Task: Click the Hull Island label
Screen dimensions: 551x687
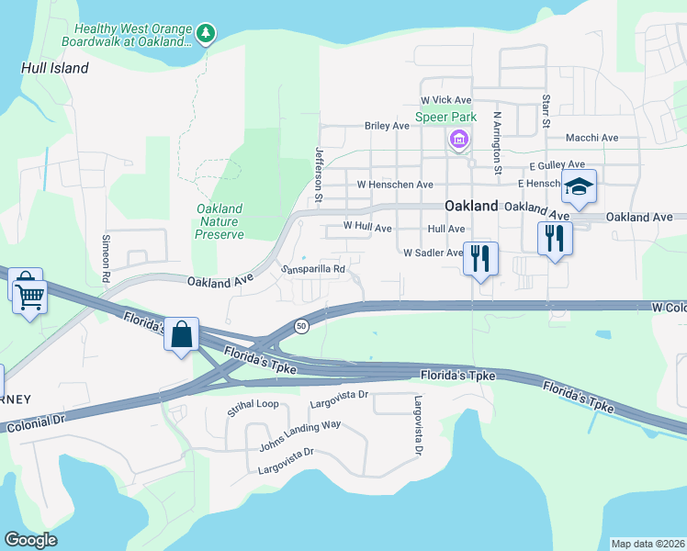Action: (56, 68)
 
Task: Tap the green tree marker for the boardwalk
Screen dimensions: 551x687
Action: (208, 34)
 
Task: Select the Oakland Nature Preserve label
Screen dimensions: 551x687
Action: (220, 221)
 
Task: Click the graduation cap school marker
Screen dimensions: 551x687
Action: (579, 187)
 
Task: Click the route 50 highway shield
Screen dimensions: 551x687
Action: (300, 326)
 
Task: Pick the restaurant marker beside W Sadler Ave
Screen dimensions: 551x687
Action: (479, 258)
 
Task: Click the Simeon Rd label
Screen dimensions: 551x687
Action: (106, 260)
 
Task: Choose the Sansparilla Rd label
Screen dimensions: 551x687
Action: (312, 269)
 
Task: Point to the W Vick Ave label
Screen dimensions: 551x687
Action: (445, 99)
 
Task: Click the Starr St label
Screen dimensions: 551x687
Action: (546, 110)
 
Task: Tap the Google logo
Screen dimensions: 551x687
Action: (30, 540)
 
